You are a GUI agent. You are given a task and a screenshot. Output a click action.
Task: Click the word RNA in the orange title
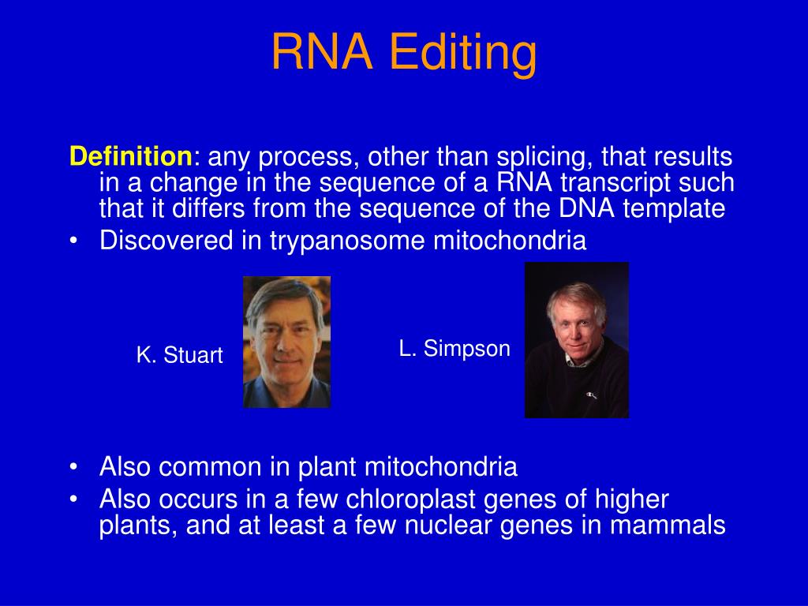[x=322, y=52]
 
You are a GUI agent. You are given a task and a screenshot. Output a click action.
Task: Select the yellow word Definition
[x=130, y=156]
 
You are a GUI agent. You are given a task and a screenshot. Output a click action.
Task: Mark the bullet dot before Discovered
[x=73, y=241]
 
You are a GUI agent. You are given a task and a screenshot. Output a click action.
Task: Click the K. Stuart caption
[x=179, y=356]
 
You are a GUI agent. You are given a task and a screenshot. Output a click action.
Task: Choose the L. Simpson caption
[x=454, y=349]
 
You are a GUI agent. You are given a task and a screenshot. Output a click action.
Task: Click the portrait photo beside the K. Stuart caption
[x=286, y=341]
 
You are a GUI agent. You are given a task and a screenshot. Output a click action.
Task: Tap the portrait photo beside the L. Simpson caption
[x=576, y=339]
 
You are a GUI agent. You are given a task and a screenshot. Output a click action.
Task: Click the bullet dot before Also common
[x=73, y=468]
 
